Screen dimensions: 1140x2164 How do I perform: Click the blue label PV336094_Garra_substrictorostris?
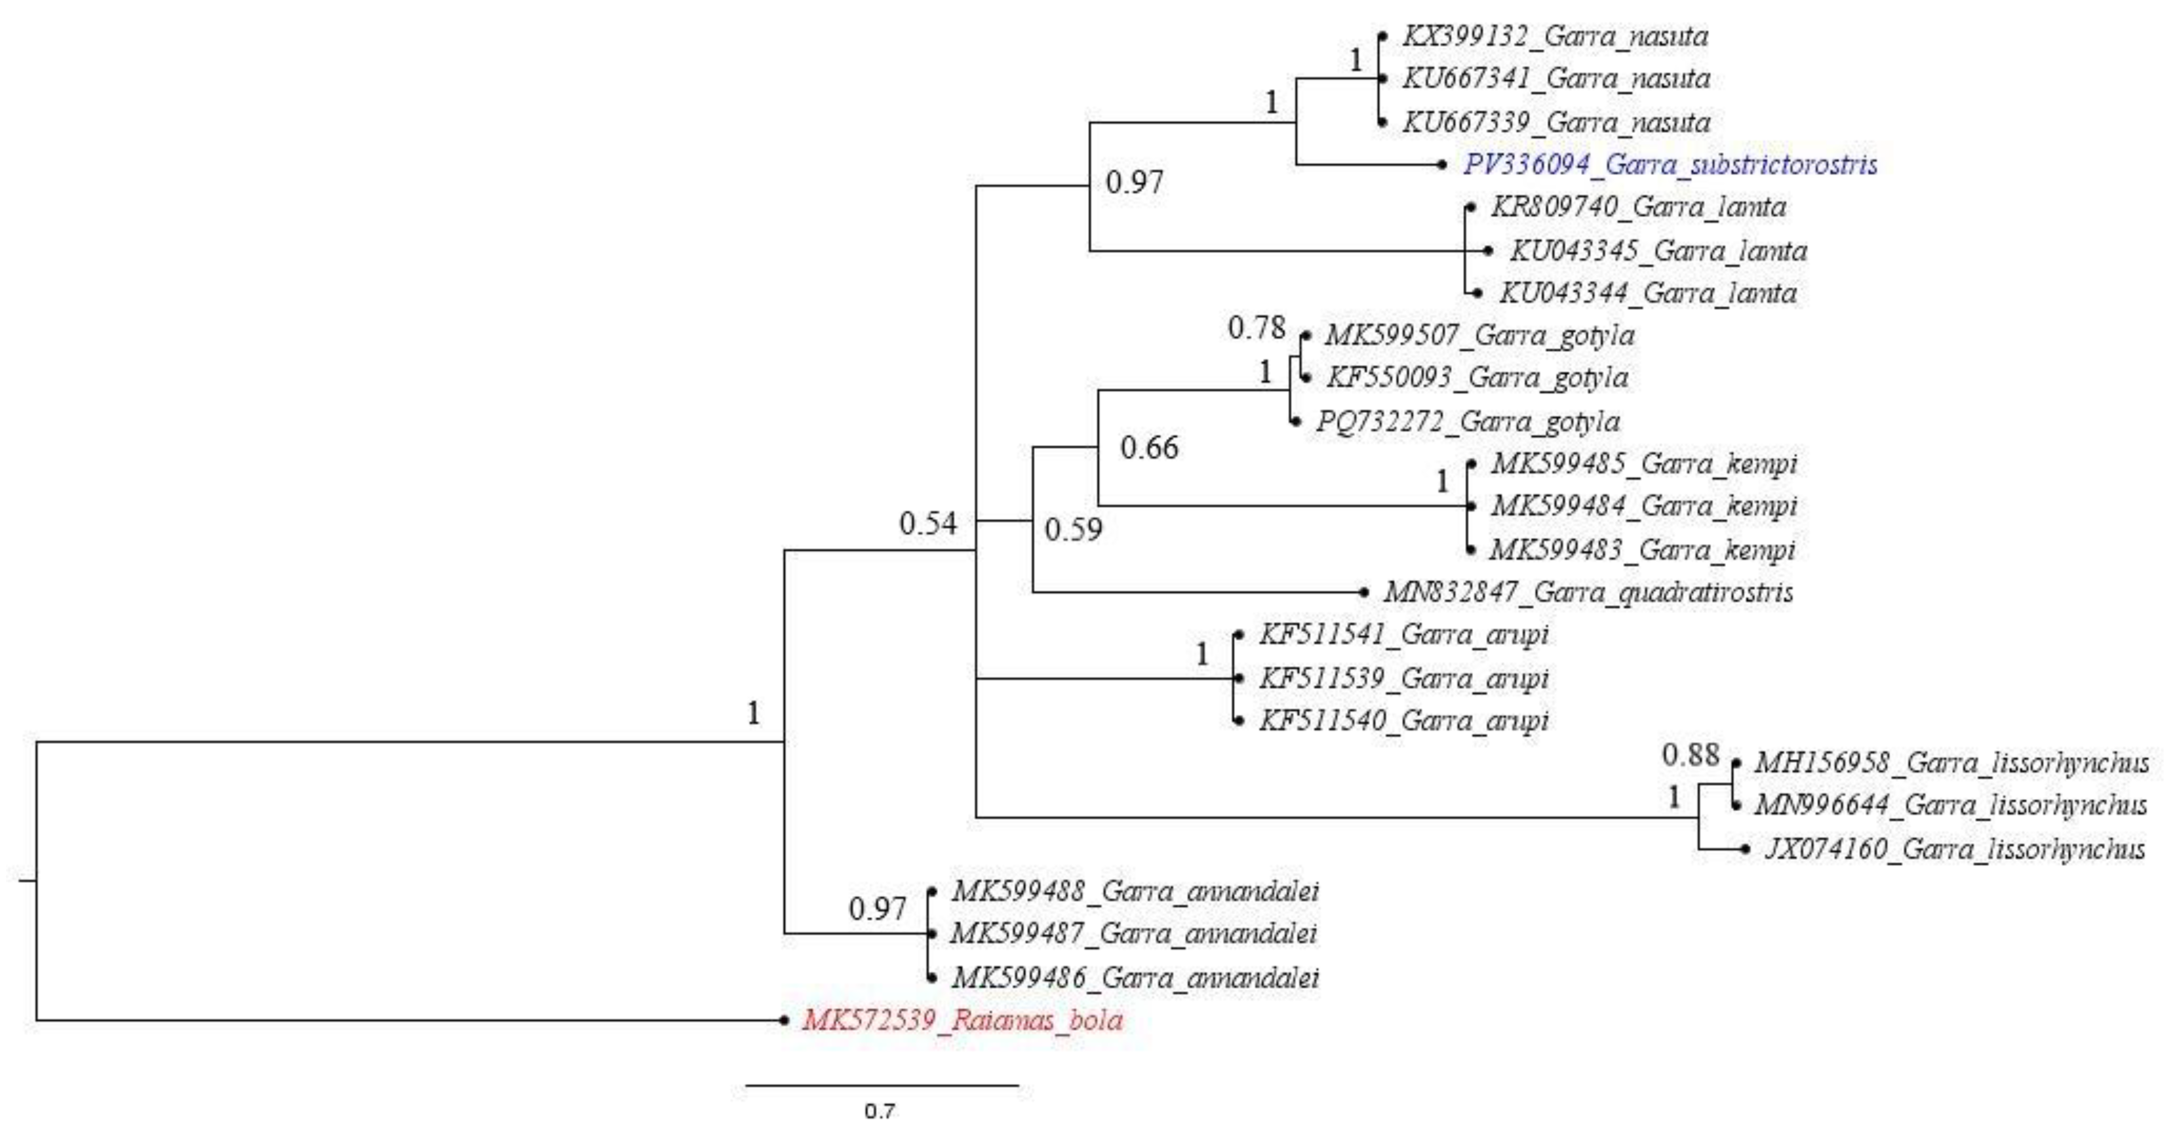(x=1670, y=164)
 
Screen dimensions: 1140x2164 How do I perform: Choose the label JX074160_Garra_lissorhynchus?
(x=1954, y=849)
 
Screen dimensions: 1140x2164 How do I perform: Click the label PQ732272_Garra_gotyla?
(x=1468, y=422)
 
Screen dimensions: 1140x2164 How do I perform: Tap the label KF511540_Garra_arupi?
(x=1403, y=721)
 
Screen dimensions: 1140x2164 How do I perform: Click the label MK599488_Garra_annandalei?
(x=1134, y=891)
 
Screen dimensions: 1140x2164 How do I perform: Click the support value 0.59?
(x=1073, y=530)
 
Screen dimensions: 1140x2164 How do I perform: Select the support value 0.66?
(x=1149, y=448)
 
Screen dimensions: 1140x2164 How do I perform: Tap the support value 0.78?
(x=1256, y=328)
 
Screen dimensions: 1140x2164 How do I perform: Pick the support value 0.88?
(x=1690, y=755)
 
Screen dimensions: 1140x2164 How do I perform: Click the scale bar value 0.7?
(x=879, y=1111)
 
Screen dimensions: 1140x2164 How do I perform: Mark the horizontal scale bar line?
(x=882, y=1085)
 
